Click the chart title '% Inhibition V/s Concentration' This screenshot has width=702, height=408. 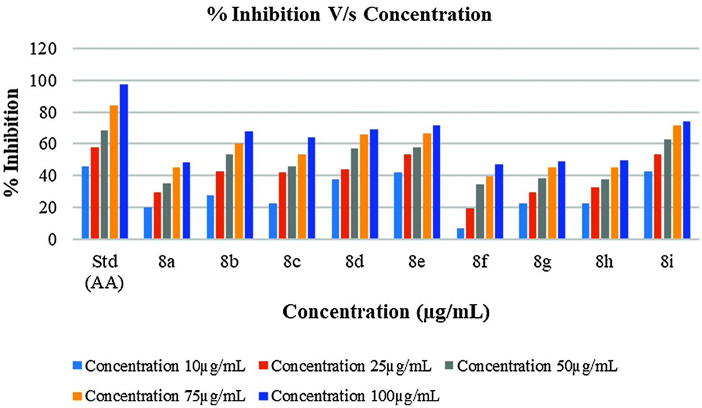point(349,14)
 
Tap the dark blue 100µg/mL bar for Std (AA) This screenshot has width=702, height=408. point(124,162)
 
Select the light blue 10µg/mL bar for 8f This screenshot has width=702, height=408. point(461,233)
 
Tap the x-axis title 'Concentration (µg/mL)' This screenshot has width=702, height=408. point(386,312)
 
